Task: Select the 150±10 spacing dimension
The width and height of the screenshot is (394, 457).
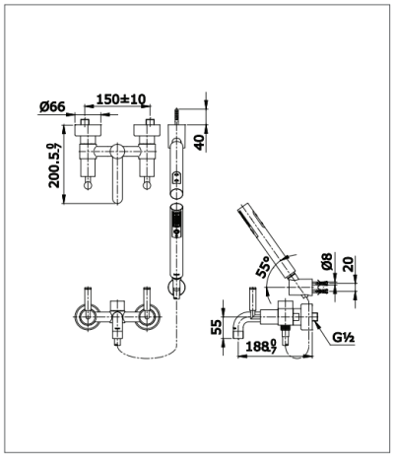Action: [123, 98]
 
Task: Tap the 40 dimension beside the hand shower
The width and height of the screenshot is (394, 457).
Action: [200, 140]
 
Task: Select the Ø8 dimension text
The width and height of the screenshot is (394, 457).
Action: [326, 264]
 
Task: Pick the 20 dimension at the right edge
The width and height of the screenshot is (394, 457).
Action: [348, 264]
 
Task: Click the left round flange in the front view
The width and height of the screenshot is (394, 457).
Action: [85, 318]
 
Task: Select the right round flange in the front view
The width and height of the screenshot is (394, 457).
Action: [149, 318]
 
